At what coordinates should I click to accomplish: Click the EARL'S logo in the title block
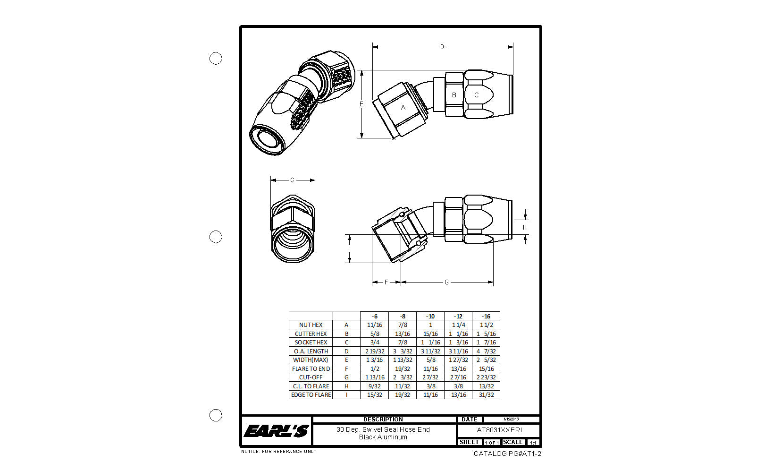(x=276, y=430)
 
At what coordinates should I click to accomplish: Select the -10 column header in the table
(x=430, y=316)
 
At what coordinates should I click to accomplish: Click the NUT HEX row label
(x=311, y=325)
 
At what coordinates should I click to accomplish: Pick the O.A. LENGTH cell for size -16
(x=486, y=351)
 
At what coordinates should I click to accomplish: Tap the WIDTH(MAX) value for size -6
(x=374, y=360)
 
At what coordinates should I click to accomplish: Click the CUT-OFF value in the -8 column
(x=403, y=377)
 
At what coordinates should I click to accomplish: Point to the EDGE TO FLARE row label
(x=311, y=395)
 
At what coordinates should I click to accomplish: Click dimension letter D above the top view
(x=442, y=47)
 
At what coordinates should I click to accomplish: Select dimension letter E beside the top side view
(x=361, y=104)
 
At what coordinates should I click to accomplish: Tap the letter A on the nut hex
(x=403, y=107)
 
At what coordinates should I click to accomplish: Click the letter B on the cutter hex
(x=454, y=95)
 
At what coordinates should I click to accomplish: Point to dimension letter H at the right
(x=525, y=227)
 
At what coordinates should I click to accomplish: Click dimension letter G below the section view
(x=446, y=282)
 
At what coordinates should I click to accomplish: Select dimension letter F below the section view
(x=386, y=282)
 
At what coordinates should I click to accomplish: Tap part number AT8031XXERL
(x=500, y=430)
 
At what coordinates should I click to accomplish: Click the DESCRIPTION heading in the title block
(x=383, y=419)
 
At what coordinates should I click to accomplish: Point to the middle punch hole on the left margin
(x=216, y=237)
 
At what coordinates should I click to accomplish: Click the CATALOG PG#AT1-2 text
(x=507, y=454)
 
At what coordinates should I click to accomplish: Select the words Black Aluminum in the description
(x=383, y=437)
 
